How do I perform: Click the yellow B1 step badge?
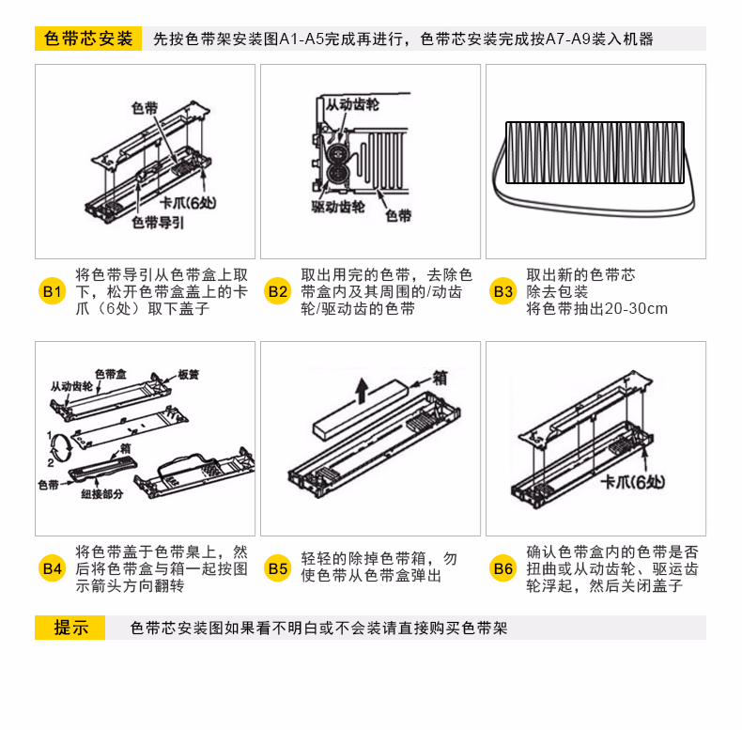coord(52,291)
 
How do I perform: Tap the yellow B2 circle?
coord(278,291)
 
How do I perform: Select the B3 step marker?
coord(503,291)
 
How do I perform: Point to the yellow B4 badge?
coord(52,568)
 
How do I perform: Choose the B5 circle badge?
coord(278,568)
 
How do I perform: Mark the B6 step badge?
coord(503,568)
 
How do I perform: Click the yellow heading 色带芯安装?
coord(88,39)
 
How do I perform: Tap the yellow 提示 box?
coord(70,628)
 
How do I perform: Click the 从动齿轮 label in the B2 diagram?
coord(352,104)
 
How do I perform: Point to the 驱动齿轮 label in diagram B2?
coord(338,207)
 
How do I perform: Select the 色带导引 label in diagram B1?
coord(158,223)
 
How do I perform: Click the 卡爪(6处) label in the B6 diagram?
coord(633,482)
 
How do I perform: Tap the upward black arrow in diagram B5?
coord(362,391)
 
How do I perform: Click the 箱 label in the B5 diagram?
coord(440,379)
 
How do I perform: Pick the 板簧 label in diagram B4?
coord(189,375)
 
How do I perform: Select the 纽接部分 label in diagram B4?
coord(101,494)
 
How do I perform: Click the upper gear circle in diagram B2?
coord(337,153)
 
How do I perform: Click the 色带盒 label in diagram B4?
coord(111,374)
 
